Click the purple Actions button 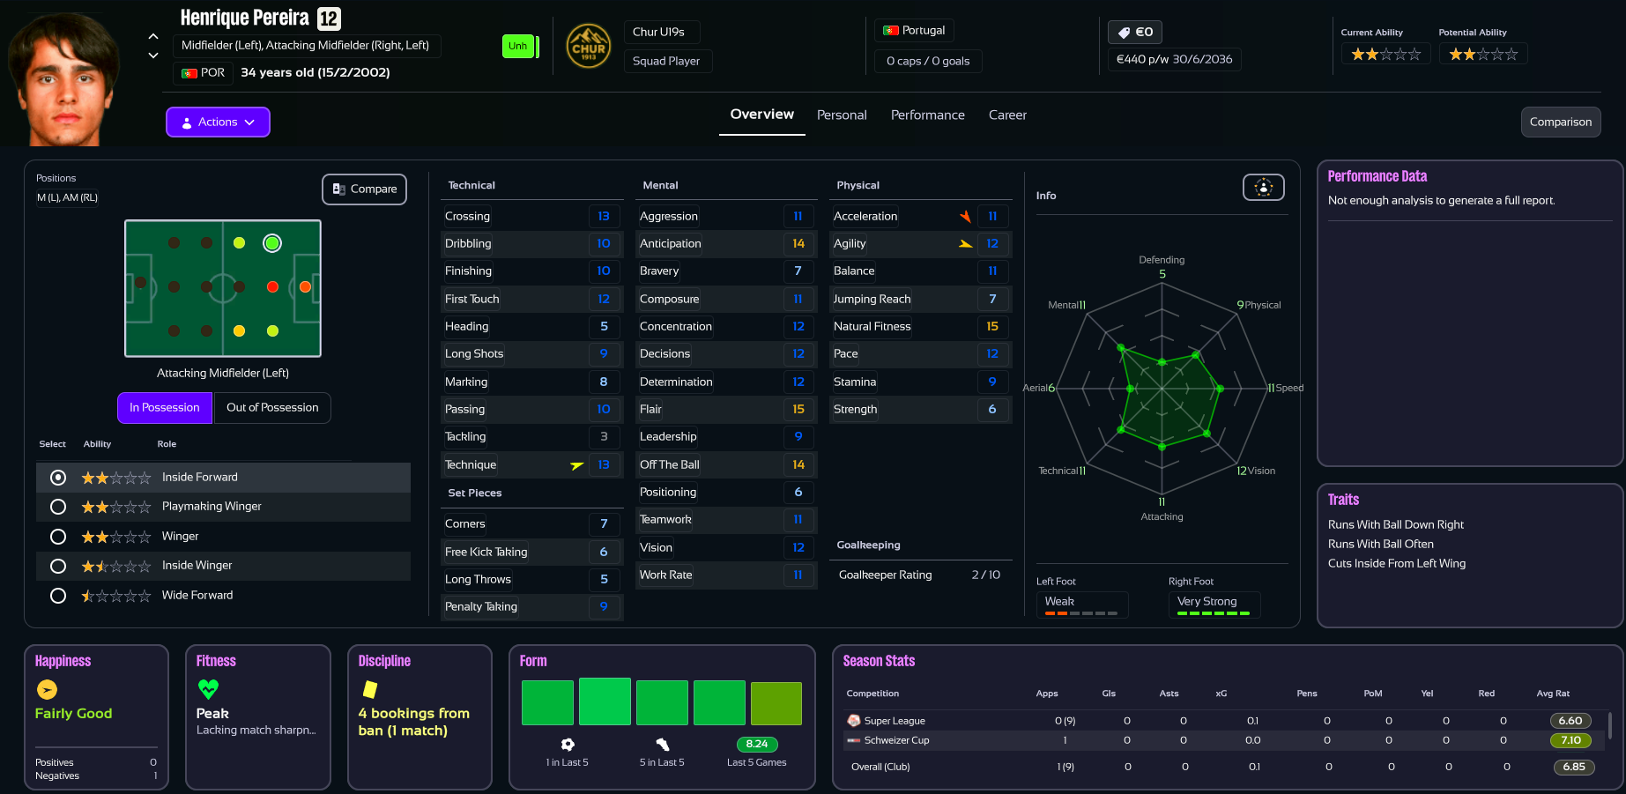(x=218, y=122)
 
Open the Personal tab (x=842, y=115)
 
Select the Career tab (x=1007, y=115)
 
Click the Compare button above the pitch (x=364, y=189)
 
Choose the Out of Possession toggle (x=272, y=408)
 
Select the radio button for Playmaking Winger (x=58, y=507)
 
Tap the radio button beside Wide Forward (x=58, y=596)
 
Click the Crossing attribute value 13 (x=604, y=217)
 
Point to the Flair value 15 (x=798, y=410)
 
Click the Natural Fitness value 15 (x=992, y=327)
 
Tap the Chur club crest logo (x=589, y=47)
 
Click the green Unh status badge (x=518, y=47)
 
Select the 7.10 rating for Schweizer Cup (x=1570, y=741)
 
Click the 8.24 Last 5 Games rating (x=756, y=745)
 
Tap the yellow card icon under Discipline (x=370, y=689)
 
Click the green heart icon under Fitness (x=208, y=688)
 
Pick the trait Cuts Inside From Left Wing (x=1397, y=564)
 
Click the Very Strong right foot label (x=1207, y=602)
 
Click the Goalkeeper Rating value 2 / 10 (x=985, y=575)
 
